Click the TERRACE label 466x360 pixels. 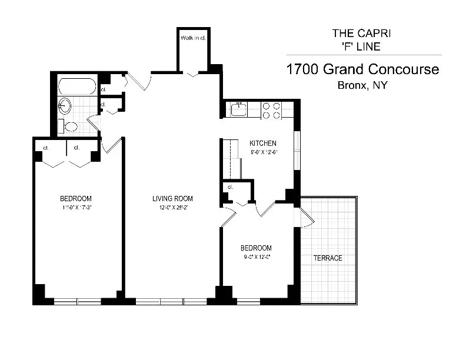point(328,258)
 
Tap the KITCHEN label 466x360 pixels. point(262,143)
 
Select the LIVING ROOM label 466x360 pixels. point(172,198)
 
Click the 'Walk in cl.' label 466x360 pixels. point(192,38)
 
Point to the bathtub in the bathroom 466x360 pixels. point(77,86)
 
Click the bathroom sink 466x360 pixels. point(64,106)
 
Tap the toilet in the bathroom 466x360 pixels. point(68,126)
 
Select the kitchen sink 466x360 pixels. point(239,110)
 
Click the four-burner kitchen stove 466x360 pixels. point(271,111)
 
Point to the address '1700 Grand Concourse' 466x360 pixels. point(362,69)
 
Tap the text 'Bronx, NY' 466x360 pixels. point(362,85)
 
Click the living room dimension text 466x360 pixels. point(172,207)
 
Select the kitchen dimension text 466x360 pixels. point(262,152)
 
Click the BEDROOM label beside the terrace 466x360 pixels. point(257,248)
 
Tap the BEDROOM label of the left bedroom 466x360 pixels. point(75,198)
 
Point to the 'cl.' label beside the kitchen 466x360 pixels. point(231,187)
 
